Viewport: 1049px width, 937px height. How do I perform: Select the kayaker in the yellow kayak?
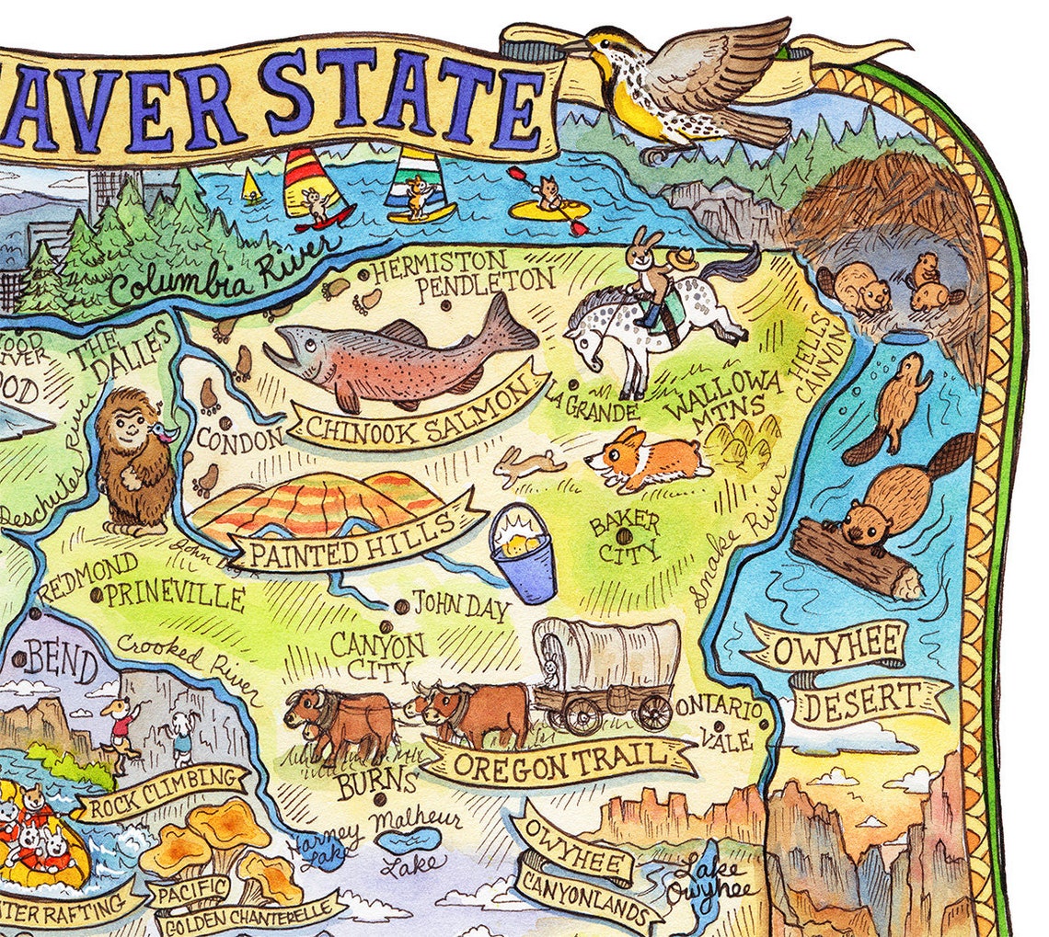(550, 204)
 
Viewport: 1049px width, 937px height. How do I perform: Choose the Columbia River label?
(225, 270)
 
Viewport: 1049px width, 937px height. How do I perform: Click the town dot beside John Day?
(401, 607)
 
